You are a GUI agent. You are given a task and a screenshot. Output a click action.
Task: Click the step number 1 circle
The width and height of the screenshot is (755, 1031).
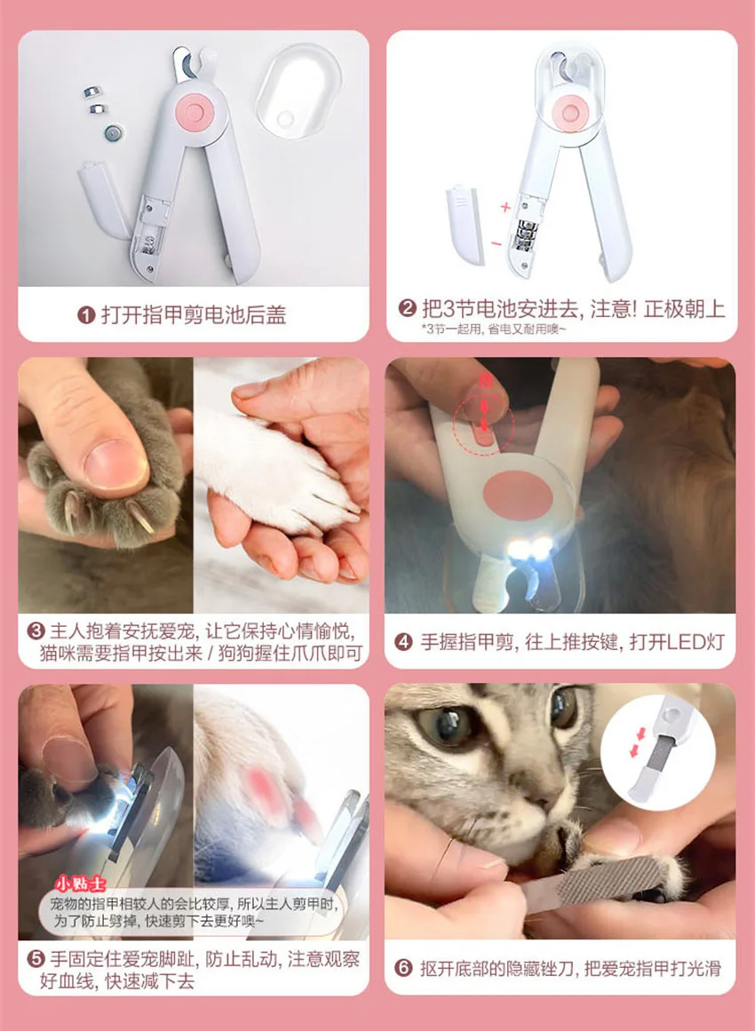tap(86, 314)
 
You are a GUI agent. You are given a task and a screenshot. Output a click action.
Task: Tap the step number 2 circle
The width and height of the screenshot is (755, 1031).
tap(408, 309)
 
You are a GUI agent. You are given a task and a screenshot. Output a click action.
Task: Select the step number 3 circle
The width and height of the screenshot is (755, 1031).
tap(36, 631)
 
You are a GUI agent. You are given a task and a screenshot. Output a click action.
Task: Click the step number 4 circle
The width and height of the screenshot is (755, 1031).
tap(404, 641)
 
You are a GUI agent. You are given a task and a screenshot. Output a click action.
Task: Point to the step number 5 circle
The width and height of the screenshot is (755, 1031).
tap(36, 959)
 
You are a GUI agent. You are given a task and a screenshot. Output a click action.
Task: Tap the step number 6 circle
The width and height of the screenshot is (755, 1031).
tap(404, 968)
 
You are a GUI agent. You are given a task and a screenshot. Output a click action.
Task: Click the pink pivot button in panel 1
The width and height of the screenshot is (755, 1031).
tap(193, 109)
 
